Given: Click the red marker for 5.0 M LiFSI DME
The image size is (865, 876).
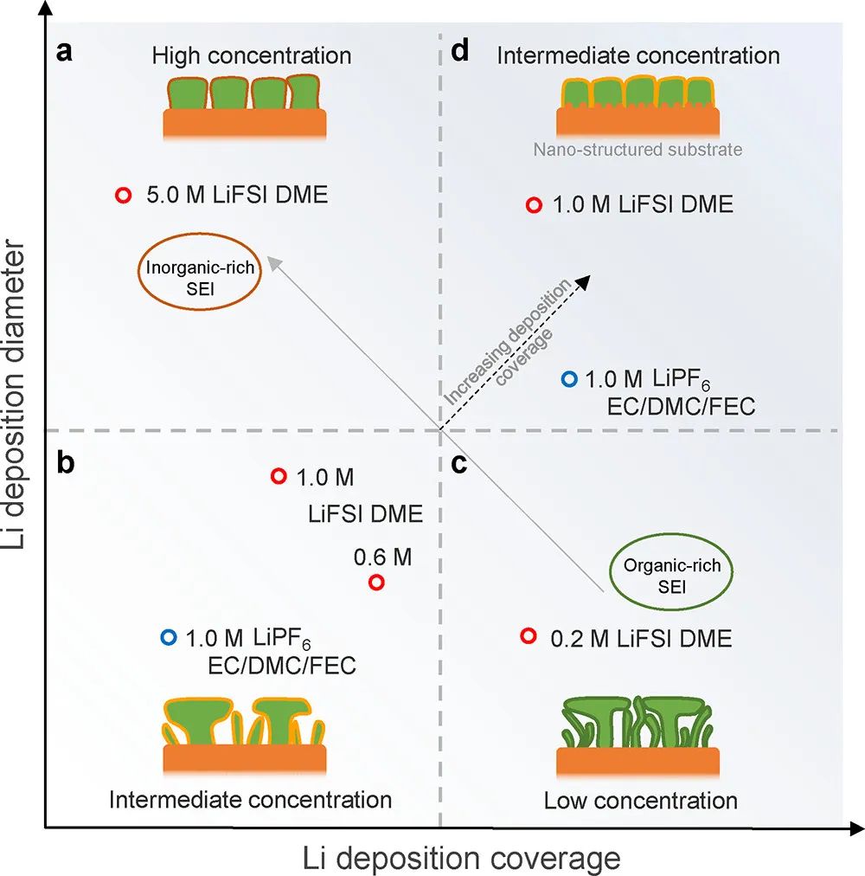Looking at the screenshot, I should point(123,196).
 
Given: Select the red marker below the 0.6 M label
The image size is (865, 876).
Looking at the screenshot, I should point(376,582).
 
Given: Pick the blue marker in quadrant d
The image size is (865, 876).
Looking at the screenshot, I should point(568,378).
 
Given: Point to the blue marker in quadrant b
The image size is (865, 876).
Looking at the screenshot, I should point(168,638).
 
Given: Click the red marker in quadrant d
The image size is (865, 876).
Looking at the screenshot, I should point(534,205).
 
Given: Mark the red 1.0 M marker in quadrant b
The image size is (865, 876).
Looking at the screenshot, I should point(279,476).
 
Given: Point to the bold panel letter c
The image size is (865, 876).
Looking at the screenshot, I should point(459,465).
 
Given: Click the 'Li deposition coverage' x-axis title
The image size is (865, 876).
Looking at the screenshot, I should point(462,858).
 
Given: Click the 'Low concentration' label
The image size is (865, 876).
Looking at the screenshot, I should point(640,800).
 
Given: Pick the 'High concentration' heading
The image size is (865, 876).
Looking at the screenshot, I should point(252,56).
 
